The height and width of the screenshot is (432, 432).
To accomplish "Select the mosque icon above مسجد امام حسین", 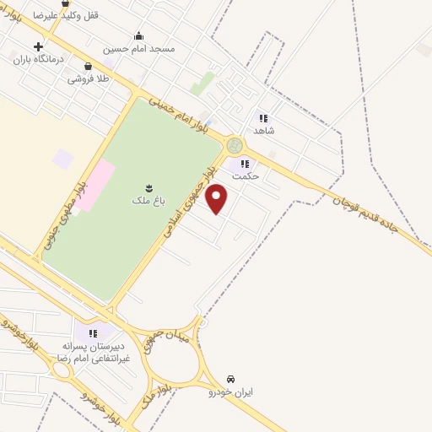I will (138, 35).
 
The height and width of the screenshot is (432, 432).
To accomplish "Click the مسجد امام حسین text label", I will (139, 49).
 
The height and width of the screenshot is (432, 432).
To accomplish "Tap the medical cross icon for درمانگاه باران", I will (38, 46).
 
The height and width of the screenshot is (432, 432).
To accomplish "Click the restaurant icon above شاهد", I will (263, 118).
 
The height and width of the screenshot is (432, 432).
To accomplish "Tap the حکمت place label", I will (245, 176).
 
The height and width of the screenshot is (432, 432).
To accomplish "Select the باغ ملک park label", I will (140, 200).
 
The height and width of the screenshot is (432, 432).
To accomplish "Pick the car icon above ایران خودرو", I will (231, 378).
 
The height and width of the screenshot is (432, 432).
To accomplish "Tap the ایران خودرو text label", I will (231, 391).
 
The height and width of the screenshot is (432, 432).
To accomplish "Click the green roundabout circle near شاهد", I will (235, 145).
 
